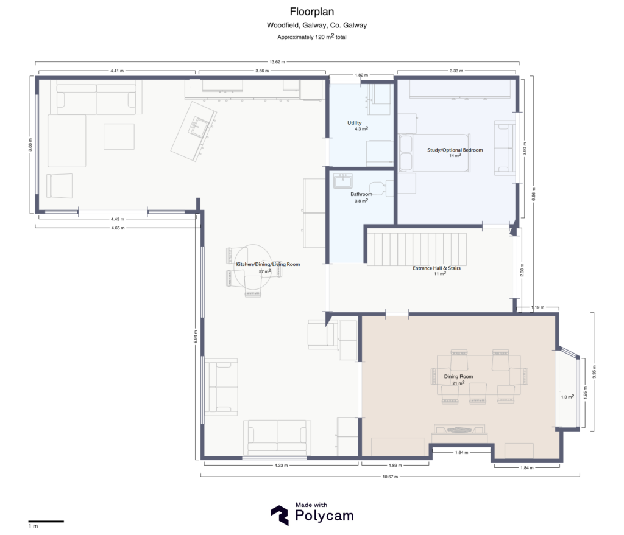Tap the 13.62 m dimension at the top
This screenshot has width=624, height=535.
(277, 62)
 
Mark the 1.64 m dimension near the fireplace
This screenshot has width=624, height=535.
(462, 452)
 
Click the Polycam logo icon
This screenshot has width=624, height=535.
(280, 515)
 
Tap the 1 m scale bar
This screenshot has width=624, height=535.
(46, 521)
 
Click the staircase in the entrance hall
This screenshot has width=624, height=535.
(416, 248)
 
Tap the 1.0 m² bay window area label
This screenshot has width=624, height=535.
(567, 397)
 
